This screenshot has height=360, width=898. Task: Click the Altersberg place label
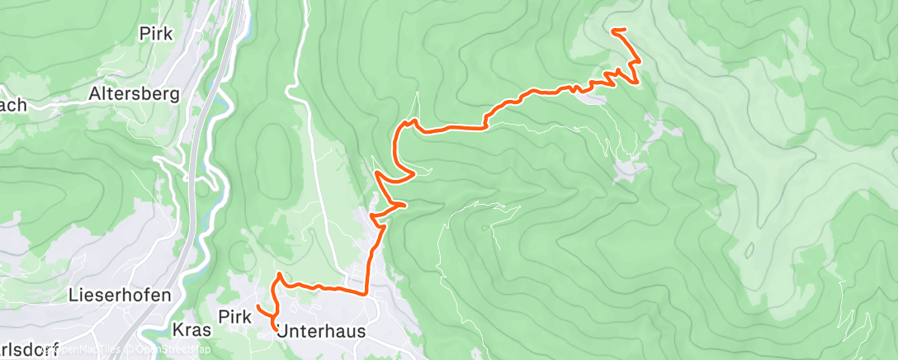click(x=134, y=94)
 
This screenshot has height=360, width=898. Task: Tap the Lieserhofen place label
click(x=109, y=295)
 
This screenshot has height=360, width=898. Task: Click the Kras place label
click(x=192, y=330)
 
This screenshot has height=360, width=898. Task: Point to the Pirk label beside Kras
click(x=235, y=315)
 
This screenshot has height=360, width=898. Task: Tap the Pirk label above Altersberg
click(x=156, y=35)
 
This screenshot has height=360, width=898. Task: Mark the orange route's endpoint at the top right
click(x=613, y=31)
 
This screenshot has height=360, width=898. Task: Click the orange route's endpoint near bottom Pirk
click(x=258, y=306)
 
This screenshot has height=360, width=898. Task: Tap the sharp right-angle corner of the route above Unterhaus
click(x=365, y=292)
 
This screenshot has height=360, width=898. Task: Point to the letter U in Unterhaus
click(x=283, y=330)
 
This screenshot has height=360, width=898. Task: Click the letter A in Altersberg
click(x=95, y=94)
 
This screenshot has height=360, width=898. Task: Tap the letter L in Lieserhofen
click(x=74, y=295)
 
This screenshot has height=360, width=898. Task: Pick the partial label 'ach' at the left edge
click(x=14, y=105)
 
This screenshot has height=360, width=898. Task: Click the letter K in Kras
click(x=179, y=330)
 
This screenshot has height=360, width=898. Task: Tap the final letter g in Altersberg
click(x=173, y=96)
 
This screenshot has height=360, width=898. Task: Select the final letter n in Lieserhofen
click(x=144, y=295)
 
